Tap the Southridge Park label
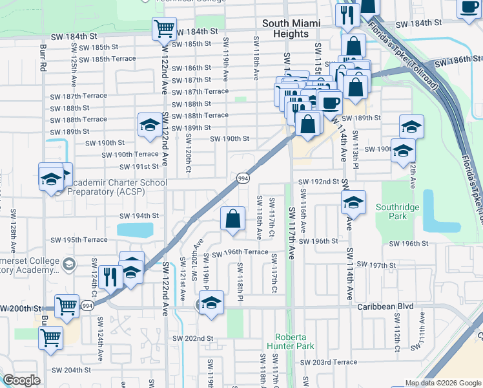point(398,213)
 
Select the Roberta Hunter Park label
point(294,341)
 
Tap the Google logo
point(21,380)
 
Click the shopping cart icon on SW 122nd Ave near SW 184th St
point(165,29)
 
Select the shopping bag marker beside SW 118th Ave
point(233,219)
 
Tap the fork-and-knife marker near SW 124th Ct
point(110,277)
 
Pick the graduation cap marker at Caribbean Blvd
point(211,303)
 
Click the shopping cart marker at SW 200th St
point(68,306)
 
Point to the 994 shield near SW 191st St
point(243,178)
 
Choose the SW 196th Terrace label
point(239,252)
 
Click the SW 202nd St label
point(192,338)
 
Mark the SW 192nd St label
point(319,182)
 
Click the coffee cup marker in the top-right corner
point(469,7)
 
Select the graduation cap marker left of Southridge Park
point(353,203)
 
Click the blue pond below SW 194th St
point(135,230)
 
